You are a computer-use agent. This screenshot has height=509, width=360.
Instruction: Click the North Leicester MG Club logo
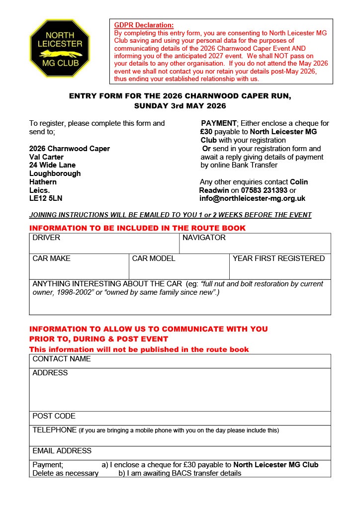(x=60, y=48)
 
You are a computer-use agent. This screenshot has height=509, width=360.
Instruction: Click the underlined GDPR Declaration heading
(x=144, y=25)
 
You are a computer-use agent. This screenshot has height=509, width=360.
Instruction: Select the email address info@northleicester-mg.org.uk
(x=252, y=198)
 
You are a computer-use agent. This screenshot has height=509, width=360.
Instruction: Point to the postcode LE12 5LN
(x=46, y=198)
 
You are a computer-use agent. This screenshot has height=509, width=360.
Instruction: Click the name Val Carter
(x=46, y=157)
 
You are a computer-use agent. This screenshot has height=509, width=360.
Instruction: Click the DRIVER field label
(x=46, y=238)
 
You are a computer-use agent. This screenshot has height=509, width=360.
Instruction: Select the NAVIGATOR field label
(x=204, y=238)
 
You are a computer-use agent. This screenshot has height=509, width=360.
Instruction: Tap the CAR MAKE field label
(x=51, y=258)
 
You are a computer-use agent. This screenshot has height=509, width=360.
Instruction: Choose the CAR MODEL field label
(x=154, y=258)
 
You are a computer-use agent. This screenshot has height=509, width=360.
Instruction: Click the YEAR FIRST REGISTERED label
(x=278, y=258)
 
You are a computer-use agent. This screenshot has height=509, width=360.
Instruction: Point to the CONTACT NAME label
(x=62, y=359)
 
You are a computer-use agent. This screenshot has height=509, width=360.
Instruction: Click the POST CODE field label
(x=54, y=416)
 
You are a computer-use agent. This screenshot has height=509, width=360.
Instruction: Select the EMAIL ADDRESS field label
(x=62, y=451)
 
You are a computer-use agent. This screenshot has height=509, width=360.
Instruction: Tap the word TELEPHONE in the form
(x=55, y=430)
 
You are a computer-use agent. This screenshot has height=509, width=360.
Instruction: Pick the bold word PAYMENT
(x=218, y=123)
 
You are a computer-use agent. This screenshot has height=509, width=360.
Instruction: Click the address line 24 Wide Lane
(x=52, y=165)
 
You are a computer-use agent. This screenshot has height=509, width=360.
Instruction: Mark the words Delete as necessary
(x=65, y=473)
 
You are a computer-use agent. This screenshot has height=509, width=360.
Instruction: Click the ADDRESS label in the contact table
(x=50, y=373)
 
